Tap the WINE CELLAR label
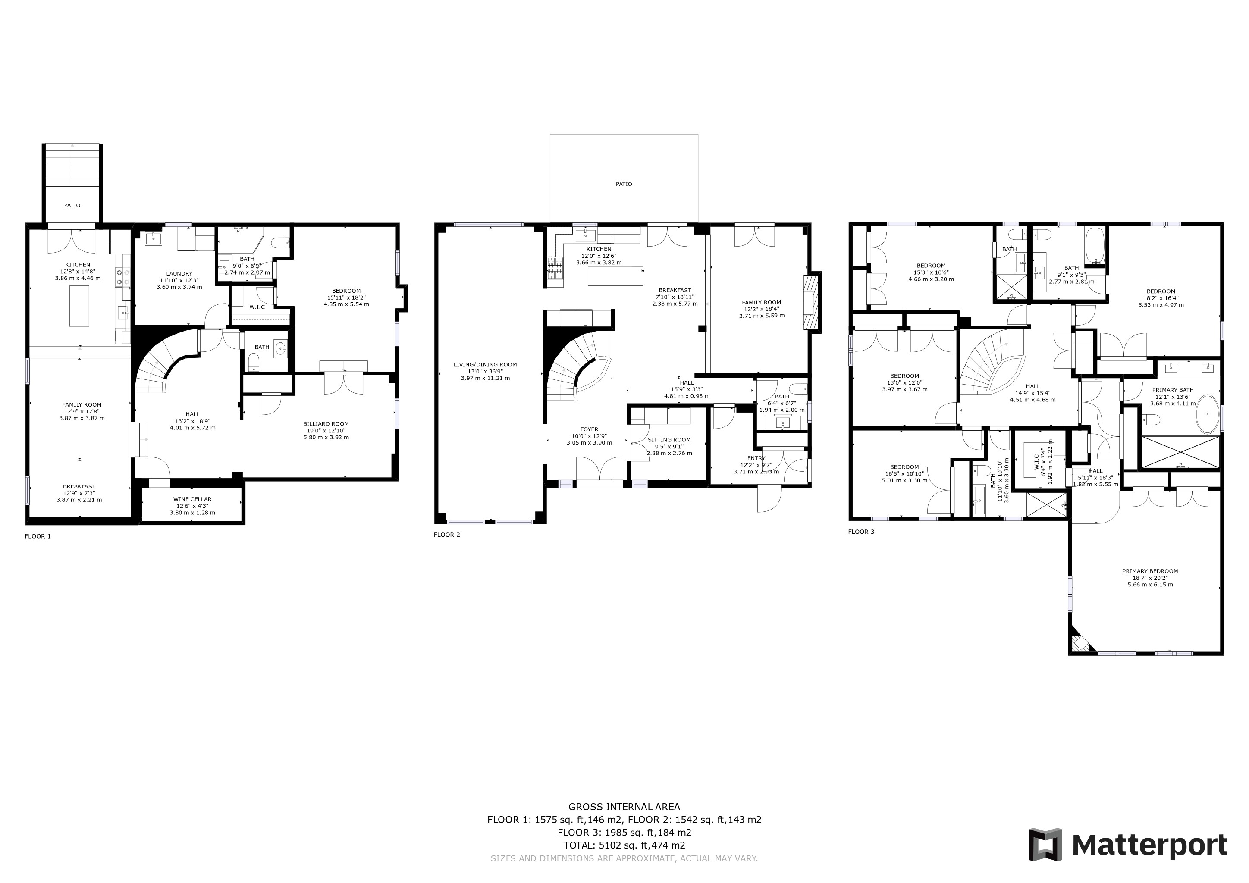[x=193, y=499]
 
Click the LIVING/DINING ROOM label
[x=485, y=365]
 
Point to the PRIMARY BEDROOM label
[x=1150, y=571]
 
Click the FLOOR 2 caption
[x=447, y=535]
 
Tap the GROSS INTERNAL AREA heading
[x=624, y=807]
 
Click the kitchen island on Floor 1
[x=79, y=306]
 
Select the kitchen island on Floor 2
[x=615, y=276]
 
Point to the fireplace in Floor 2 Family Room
[x=811, y=302]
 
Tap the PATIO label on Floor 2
[x=624, y=184]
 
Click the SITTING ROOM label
[x=669, y=440]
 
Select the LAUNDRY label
[x=179, y=273]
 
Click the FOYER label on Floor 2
[x=589, y=429]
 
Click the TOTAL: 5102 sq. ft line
[x=624, y=845]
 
